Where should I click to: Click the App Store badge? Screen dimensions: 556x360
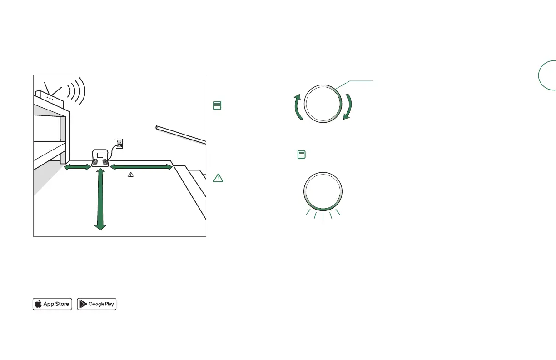tap(52, 304)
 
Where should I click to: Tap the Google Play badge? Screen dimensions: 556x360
tap(97, 304)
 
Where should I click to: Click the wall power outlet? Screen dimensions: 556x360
tap(119, 144)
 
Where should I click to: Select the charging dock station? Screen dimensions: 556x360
tap(100, 158)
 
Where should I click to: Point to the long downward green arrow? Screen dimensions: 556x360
tap(100, 199)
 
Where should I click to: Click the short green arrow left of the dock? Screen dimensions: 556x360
tap(78, 167)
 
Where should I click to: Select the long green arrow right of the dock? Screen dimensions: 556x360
tap(141, 167)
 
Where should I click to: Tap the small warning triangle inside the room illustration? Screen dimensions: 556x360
tap(131, 175)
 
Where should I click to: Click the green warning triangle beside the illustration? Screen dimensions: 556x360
tap(218, 178)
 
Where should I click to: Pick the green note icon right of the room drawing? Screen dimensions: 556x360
tap(217, 105)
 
